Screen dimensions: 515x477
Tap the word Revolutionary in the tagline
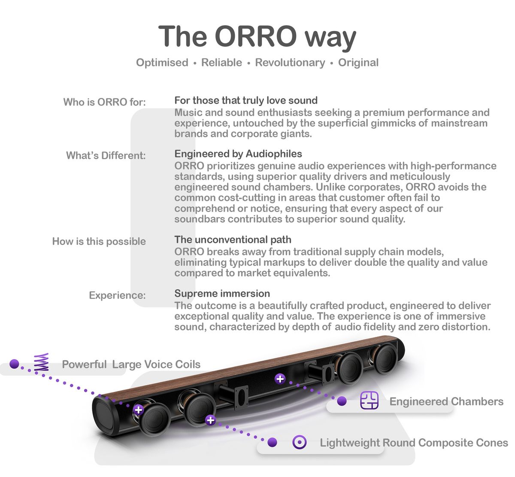point(290,63)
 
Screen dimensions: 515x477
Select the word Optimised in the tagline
point(162,63)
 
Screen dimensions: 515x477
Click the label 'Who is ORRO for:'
point(105,102)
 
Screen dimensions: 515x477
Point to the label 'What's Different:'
point(106,155)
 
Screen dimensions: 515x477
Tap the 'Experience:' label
point(117,295)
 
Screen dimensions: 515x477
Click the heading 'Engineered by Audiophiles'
point(238,154)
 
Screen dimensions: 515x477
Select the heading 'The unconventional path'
point(233,239)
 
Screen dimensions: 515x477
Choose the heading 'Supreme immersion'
point(222,294)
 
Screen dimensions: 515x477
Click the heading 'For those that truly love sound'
point(246,100)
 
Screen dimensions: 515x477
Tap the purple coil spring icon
point(42,362)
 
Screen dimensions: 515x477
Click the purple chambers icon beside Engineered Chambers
point(369,400)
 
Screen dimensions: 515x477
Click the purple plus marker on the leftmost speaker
point(139,410)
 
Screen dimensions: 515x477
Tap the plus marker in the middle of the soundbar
point(280,379)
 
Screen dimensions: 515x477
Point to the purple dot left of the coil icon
point(14,364)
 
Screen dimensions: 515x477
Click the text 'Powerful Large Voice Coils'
point(131,364)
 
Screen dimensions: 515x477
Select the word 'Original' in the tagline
point(358,63)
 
